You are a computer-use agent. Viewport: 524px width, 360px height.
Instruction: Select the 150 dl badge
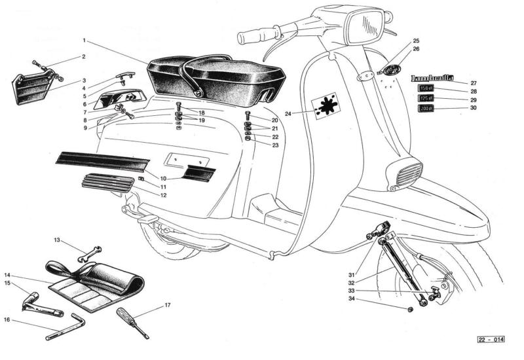coord(426,90)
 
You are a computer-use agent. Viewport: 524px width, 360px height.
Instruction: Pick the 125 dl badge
coord(426,99)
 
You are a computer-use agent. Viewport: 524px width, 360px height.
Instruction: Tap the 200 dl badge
coord(426,109)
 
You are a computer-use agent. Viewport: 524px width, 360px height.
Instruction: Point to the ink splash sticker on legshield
coord(326,105)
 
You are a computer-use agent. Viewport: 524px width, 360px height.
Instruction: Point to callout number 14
coord(7,276)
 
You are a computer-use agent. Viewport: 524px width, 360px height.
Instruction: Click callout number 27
coord(473,83)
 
